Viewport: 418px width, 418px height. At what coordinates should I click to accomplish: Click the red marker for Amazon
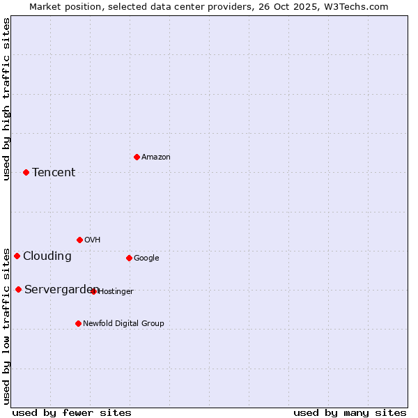coord(137,157)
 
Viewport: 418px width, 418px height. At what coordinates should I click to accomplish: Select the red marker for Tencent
coord(26,172)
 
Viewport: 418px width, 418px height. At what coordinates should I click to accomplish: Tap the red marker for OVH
coord(79,240)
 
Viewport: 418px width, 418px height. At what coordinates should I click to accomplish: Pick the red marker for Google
coord(129,258)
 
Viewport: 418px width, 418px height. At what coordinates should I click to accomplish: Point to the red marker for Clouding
coord(17,256)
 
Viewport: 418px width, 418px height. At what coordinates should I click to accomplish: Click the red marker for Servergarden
coord(18,289)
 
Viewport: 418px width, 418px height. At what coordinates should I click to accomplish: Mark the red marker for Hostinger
coord(93,291)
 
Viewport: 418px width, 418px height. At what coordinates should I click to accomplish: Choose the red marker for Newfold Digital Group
coord(78,323)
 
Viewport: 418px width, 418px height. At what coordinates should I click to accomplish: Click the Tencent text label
coord(54,173)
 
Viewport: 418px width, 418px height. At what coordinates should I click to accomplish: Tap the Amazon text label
coord(156,157)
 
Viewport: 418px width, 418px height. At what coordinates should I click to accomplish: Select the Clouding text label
coord(47,256)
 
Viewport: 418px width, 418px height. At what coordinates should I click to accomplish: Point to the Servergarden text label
coord(61,290)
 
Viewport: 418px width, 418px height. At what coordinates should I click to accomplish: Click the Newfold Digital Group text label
coord(124,323)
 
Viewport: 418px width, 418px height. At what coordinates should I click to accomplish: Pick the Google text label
coord(146,258)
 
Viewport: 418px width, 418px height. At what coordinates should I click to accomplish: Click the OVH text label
coord(93,240)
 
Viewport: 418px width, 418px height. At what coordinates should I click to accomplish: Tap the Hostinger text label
coord(116,292)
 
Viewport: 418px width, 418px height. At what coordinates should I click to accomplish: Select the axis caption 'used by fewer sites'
coord(72,413)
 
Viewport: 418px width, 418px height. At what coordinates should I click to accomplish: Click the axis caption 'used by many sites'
coord(350,413)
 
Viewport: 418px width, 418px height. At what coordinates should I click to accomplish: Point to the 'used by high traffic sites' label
coord(6,99)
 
